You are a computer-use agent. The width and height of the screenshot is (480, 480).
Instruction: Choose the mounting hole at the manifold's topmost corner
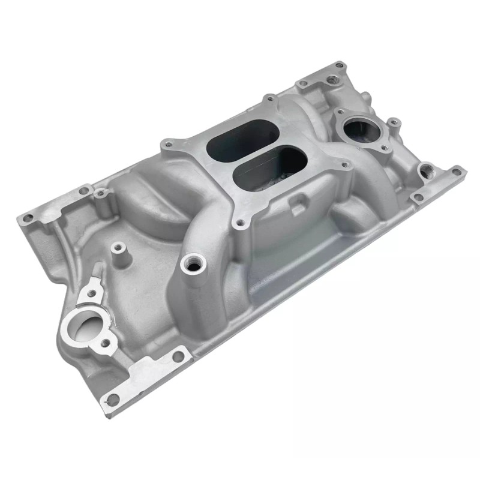tap(339, 64)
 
